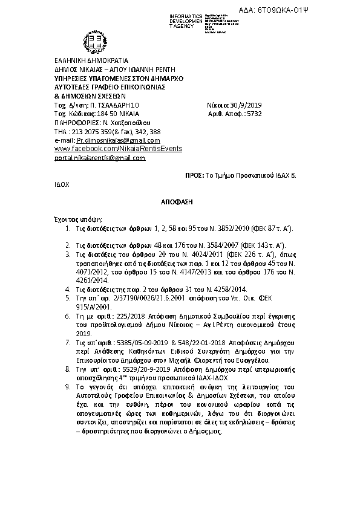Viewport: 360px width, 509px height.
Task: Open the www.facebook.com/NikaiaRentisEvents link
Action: pos(118,148)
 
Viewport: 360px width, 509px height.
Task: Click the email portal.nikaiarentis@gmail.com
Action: pos(100,158)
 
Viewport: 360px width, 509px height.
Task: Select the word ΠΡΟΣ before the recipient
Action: pos(194,174)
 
